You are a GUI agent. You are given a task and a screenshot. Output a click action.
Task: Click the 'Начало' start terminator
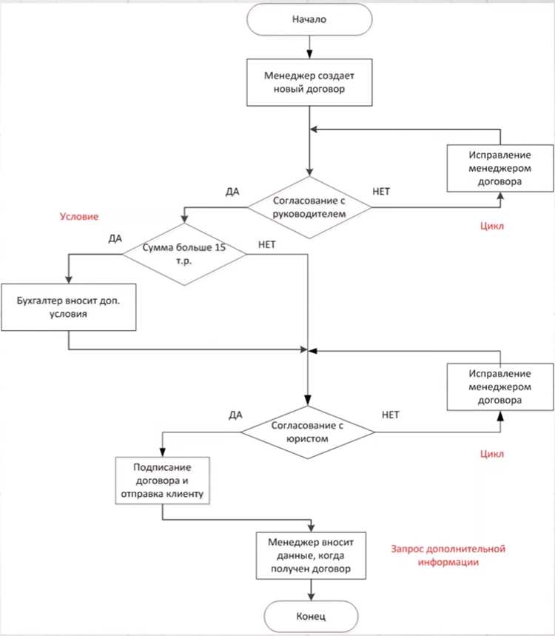[x=309, y=19]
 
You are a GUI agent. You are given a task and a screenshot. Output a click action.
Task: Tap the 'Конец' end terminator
[x=311, y=617]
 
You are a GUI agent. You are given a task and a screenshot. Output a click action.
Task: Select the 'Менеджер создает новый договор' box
[x=309, y=82]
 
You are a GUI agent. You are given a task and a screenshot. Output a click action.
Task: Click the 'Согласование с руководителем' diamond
[x=309, y=207]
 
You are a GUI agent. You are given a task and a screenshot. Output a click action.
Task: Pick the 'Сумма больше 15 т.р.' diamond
[x=184, y=254]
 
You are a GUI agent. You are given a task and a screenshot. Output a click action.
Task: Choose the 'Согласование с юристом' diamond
[x=308, y=432]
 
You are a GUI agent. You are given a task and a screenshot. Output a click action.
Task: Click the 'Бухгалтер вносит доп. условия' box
[x=69, y=307]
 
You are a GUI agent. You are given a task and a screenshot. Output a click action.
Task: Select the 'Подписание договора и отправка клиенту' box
[x=162, y=481]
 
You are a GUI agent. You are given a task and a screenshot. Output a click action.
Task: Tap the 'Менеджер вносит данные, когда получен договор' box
[x=311, y=556]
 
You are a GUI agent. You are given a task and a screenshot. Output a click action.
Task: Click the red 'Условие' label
[x=79, y=217]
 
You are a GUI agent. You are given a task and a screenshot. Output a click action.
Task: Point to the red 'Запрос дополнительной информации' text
[x=448, y=556]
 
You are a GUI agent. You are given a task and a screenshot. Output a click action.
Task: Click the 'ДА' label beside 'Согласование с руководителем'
[x=232, y=192]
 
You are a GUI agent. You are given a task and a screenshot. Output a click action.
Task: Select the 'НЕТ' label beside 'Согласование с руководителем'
[x=381, y=192]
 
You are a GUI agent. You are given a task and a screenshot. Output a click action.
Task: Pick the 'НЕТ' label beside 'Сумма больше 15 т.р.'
[x=266, y=244]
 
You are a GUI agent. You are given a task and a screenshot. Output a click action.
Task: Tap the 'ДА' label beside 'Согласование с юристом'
[x=235, y=415]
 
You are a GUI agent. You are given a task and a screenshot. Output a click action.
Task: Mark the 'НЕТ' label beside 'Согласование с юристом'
[x=391, y=415]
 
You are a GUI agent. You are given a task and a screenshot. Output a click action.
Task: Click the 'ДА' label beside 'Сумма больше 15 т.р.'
[x=115, y=238]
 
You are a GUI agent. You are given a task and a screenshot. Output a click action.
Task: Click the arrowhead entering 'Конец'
[x=311, y=597]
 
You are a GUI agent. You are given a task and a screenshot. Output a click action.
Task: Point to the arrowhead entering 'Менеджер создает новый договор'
[x=309, y=54]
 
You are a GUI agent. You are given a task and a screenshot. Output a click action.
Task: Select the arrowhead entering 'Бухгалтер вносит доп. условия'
[x=69, y=279]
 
